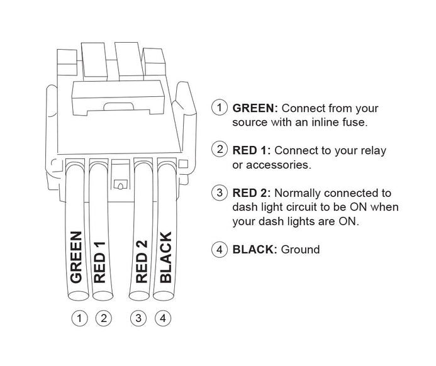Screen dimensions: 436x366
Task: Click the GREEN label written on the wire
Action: coord(76,257)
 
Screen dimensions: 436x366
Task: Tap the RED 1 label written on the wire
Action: coord(99,262)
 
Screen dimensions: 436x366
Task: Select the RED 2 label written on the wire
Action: coord(142,262)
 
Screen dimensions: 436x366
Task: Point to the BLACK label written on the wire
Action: coord(165,257)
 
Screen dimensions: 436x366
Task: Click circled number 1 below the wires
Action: coord(79,318)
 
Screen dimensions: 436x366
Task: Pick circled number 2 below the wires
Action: coord(103,318)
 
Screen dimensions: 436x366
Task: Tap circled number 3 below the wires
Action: coord(138,318)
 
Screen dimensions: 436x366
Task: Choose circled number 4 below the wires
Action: coord(163,318)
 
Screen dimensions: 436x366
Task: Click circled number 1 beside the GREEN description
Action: coord(220,108)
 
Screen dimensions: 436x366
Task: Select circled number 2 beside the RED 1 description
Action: coord(220,150)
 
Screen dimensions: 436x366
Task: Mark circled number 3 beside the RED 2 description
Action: coord(220,192)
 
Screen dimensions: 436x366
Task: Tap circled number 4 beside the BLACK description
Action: coord(220,249)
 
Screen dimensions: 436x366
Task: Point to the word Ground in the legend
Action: coord(300,249)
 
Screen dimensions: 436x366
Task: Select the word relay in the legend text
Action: coord(374,151)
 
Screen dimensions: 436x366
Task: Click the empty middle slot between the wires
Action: coord(121,174)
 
